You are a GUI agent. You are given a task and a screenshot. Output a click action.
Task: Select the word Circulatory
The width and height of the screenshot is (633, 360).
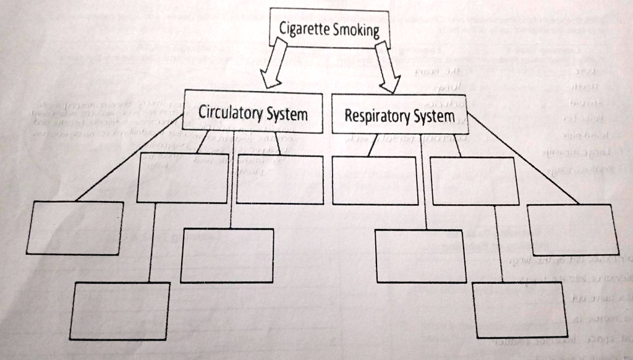231,114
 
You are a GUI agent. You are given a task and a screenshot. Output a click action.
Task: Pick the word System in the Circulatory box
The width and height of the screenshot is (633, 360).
287,114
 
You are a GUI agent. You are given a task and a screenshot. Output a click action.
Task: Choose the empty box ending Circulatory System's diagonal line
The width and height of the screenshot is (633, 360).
75,228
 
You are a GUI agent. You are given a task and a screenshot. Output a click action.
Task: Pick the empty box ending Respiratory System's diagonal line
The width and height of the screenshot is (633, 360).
573,229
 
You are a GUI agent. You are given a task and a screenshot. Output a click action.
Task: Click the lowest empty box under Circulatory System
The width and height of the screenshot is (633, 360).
119,311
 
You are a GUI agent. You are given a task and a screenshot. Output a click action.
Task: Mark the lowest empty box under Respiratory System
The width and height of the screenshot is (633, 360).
519,309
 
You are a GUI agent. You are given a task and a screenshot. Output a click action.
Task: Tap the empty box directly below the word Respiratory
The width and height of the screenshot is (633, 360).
375,180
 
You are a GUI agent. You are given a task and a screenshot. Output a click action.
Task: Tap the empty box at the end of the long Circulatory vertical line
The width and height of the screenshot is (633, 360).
227,255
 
